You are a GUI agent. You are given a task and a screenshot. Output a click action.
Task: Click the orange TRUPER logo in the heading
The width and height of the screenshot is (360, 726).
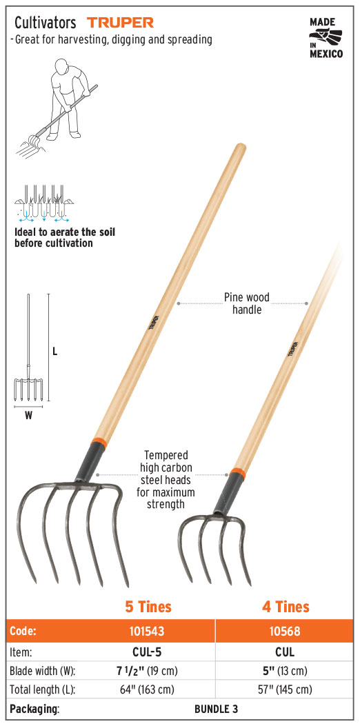point(121,22)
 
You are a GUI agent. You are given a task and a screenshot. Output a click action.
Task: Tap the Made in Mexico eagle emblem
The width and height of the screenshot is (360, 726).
point(326,37)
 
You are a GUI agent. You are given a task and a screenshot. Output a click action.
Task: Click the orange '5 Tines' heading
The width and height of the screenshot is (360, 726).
point(148,607)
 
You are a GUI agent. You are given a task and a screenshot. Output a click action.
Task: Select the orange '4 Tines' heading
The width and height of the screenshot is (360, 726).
point(286,607)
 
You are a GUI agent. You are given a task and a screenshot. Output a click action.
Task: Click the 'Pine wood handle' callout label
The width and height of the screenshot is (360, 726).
point(246,303)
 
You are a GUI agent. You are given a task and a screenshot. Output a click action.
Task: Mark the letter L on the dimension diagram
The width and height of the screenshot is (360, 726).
point(54,352)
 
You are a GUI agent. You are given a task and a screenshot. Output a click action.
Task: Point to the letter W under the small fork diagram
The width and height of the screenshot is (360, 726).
point(28,416)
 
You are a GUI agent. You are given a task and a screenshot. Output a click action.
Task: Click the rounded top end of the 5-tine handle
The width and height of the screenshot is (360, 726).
point(240,148)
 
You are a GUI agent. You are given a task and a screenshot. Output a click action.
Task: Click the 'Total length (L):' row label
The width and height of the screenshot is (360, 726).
point(43,689)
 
